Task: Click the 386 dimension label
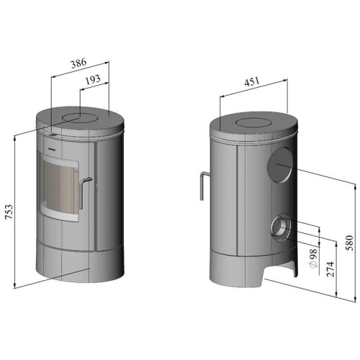78,63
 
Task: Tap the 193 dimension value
93,80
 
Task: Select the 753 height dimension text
9,212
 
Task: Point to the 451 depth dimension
252,81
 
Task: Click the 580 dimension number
350,243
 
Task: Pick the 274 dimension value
330,269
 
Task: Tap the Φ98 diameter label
313,258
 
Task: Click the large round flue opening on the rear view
280,165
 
